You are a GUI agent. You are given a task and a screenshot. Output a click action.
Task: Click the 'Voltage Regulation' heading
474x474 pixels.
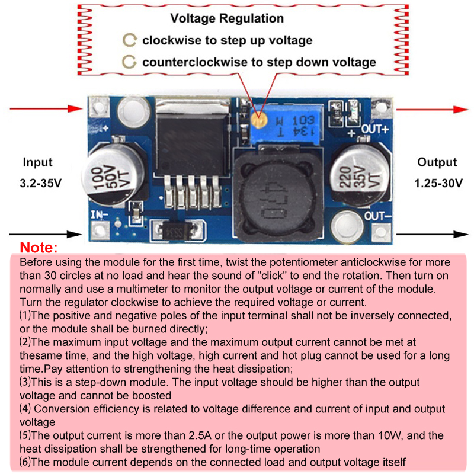coord(227,18)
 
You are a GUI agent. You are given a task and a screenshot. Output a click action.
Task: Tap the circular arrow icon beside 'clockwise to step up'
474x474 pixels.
coord(129,40)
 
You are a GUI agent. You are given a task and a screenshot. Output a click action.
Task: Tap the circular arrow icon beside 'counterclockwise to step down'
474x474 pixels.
coord(129,62)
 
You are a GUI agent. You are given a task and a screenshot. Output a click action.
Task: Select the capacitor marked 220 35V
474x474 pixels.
coord(357,172)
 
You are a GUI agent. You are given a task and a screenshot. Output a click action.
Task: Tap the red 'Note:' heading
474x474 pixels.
coord(39,247)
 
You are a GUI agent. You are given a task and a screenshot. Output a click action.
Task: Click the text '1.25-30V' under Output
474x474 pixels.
coord(439,183)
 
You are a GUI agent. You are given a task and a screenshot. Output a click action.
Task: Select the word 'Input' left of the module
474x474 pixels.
coord(38,162)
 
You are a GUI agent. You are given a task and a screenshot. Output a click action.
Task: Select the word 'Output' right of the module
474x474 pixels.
coord(437,162)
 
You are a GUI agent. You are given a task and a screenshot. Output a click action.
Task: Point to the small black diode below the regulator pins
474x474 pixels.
coord(175,228)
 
